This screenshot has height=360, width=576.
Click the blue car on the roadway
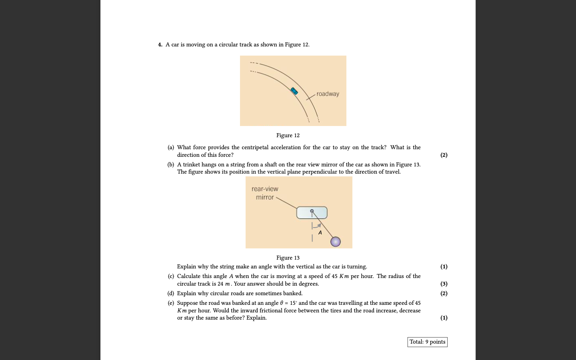[294, 91]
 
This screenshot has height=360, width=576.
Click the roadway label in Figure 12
[328, 94]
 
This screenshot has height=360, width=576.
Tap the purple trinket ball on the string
[336, 242]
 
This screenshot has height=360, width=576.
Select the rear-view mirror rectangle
[312, 213]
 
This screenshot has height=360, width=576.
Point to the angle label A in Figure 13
[320, 233]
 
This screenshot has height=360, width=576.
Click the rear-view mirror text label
[265, 193]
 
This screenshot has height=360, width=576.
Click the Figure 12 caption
[288, 136]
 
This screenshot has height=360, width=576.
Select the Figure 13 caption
[288, 258]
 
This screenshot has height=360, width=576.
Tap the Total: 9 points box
[427, 342]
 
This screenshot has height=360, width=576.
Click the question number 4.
[160, 45]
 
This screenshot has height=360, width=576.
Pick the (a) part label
[171, 148]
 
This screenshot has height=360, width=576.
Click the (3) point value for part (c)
[444, 284]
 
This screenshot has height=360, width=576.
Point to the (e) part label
[171, 303]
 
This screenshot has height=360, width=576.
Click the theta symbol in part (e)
[282, 303]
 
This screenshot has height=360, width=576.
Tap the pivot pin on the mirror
[312, 211]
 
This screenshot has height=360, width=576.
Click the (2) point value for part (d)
[444, 294]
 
